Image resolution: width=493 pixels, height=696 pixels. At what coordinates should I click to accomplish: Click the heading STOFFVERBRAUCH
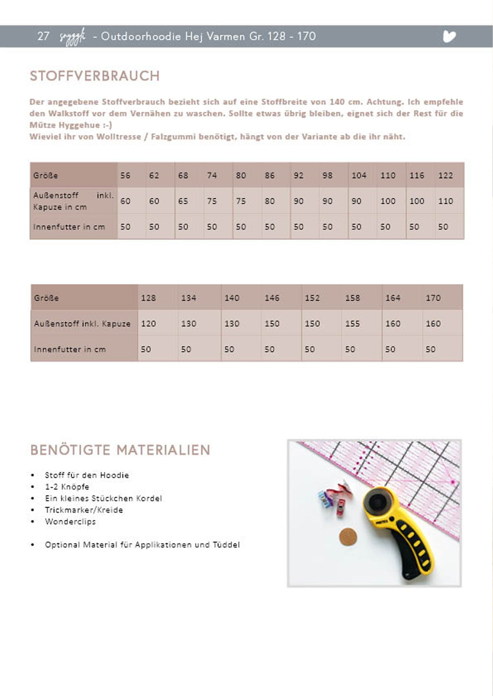95,76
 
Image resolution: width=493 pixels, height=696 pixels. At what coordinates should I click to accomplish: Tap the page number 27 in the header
43,36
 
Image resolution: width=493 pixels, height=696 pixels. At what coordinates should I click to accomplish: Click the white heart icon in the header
449,36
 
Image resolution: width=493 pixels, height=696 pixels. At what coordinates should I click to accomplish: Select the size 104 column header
359,176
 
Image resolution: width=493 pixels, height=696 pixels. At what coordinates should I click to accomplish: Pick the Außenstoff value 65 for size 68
183,201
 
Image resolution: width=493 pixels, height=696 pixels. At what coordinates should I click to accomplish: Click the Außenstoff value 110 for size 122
445,201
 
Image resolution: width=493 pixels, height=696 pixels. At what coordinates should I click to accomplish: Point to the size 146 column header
272,298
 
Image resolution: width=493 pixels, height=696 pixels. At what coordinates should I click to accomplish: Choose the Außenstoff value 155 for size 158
352,324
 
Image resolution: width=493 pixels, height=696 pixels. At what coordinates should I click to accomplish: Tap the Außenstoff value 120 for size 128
148,324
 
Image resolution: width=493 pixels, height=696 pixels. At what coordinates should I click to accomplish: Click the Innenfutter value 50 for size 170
430,349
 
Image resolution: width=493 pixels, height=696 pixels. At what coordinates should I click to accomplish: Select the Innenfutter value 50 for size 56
125,227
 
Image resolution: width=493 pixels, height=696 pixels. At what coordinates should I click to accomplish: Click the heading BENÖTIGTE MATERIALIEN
120,450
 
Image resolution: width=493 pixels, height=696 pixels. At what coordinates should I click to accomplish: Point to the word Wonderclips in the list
70,521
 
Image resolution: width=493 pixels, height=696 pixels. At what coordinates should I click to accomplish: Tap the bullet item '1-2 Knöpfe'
67,487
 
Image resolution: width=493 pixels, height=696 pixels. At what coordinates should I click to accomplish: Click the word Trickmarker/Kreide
84,510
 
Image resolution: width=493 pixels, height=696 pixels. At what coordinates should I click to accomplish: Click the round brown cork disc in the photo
348,537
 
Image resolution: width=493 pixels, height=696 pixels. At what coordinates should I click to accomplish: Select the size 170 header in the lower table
433,298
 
